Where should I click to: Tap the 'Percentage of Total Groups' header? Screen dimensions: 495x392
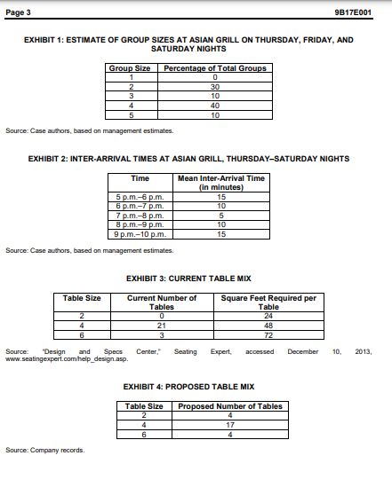pos(215,67)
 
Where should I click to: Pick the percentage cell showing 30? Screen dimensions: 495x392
pos(215,87)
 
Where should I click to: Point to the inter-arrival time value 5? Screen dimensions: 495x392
pos(220,219)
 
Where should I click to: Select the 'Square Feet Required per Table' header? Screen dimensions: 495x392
pos(268,302)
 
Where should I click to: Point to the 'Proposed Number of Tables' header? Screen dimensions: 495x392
pos(231,406)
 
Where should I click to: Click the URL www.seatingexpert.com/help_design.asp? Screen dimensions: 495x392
pos(67,359)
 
